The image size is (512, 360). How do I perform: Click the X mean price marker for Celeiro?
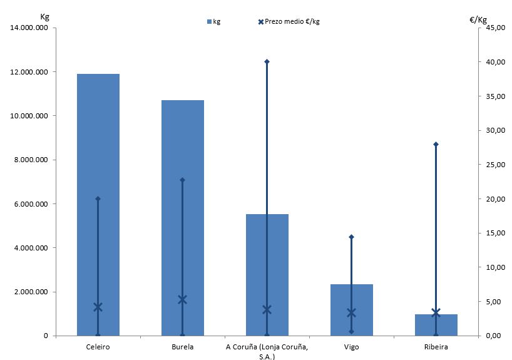[x=98, y=307]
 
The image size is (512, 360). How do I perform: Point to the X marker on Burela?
[x=182, y=299]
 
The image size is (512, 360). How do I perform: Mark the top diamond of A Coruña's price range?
[x=267, y=61]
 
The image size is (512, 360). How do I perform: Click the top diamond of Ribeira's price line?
[x=436, y=144]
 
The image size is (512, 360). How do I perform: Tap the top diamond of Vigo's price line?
[x=351, y=237]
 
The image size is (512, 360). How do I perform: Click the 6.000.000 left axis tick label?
[x=29, y=204]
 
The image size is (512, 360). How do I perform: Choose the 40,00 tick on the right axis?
[x=491, y=62]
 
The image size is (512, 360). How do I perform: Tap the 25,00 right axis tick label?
[x=491, y=165]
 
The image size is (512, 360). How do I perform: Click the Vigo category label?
[x=351, y=346]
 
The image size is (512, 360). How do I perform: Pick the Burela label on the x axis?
[x=182, y=346]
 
